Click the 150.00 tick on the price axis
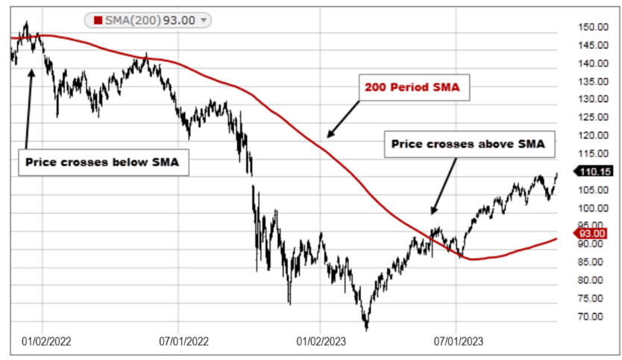tap(594, 27)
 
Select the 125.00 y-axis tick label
tap(594, 118)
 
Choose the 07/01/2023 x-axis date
tap(459, 341)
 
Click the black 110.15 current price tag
tap(596, 171)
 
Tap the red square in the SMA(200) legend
tap(98, 20)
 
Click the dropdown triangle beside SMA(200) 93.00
tap(204, 20)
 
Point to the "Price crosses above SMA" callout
tap(469, 145)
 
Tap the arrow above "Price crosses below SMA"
tap(28, 108)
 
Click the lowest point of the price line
tap(366, 329)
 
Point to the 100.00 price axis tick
tap(594, 208)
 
